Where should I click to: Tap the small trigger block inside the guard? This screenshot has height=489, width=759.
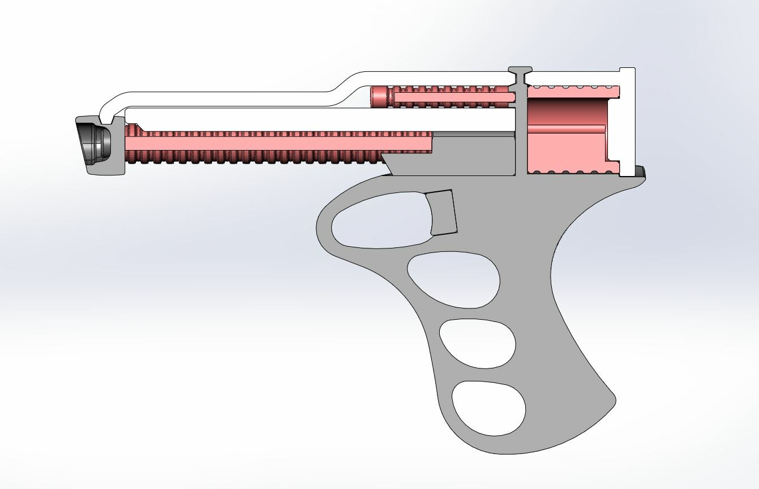(443, 212)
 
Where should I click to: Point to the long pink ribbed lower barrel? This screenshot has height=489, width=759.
(272, 148)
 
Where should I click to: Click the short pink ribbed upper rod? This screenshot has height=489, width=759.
(447, 97)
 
